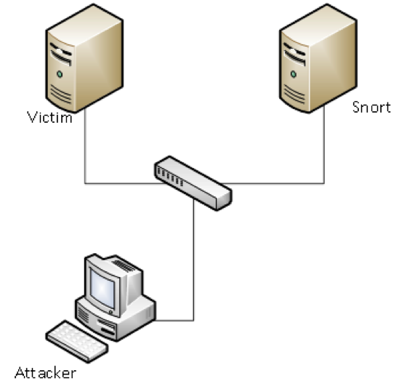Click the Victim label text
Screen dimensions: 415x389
[49, 117]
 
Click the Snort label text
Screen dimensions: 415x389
[371, 107]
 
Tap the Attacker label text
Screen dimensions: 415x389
[46, 373]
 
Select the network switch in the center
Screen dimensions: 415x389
[193, 183]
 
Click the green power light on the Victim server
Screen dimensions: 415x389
[60, 74]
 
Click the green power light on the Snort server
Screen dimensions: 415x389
[293, 74]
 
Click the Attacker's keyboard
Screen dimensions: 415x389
[77, 341]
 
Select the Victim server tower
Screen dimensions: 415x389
[84, 58]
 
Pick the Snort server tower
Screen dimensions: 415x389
[318, 58]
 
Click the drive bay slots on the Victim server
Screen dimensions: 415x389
[61, 54]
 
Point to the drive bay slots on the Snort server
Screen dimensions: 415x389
[294, 54]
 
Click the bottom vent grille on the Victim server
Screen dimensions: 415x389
[60, 94]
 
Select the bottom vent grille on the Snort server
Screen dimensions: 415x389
[294, 94]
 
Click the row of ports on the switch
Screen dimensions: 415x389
[170, 177]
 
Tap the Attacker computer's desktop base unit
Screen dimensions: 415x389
[116, 318]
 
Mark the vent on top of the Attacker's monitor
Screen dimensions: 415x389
[123, 265]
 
